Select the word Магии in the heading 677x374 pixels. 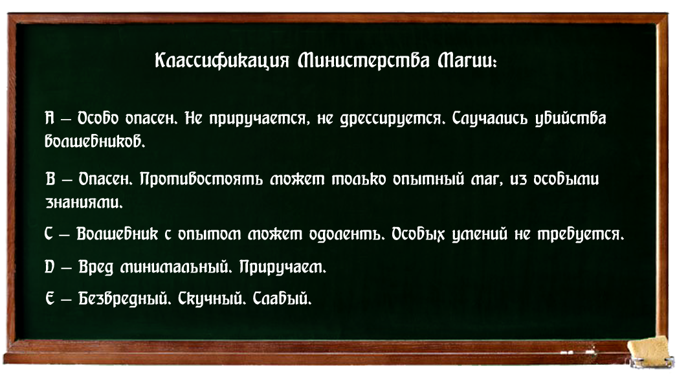[x=466, y=61]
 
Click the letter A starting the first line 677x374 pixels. [x=50, y=118]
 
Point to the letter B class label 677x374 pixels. [x=50, y=179]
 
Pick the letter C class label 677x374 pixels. [x=49, y=234]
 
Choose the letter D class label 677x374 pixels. [x=49, y=267]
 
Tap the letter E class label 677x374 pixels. [x=50, y=298]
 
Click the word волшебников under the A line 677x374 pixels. [x=95, y=141]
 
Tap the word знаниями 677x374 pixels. [x=84, y=202]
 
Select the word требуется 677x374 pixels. [x=581, y=234]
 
